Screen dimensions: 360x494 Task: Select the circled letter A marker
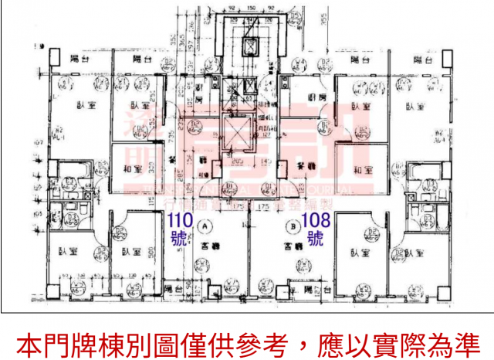coord(205,227)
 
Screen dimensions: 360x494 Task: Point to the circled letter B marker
coord(293,227)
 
